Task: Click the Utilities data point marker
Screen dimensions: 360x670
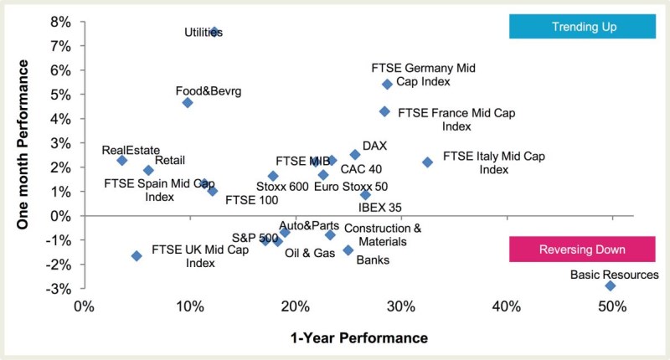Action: pos(214,32)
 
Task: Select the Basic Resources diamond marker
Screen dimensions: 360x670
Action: pos(611,285)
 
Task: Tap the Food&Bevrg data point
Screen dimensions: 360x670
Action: pos(188,103)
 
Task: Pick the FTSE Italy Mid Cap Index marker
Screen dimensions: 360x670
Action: pos(427,162)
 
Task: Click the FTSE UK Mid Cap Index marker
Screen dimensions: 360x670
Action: pos(137,255)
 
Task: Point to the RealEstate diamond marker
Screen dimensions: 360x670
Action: pos(122,160)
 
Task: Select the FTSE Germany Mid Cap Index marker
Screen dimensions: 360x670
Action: pos(387,84)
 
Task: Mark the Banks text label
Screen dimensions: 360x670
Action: pos(373,260)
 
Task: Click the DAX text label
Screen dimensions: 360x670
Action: pos(374,146)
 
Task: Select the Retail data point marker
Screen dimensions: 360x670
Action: pos(148,170)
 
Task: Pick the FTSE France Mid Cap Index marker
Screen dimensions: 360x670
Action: pos(384,111)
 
